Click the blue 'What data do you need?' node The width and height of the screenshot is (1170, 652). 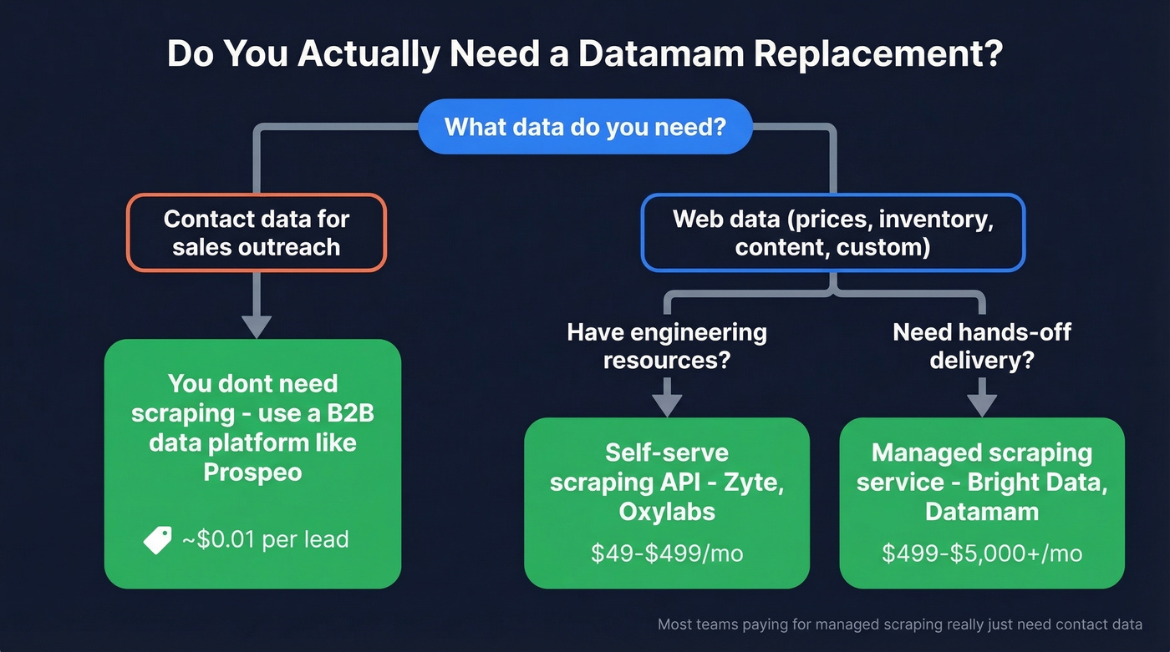(x=585, y=127)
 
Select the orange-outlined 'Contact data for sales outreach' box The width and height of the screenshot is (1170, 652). (x=256, y=233)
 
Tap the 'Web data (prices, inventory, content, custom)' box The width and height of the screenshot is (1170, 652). (x=832, y=233)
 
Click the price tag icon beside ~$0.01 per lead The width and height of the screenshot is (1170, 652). (x=157, y=540)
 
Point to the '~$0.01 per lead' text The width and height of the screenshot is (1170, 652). (x=265, y=540)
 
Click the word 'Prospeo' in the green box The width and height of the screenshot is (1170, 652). (x=252, y=472)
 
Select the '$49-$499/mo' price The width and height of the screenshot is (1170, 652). (x=667, y=553)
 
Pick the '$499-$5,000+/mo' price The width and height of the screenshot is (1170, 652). (x=982, y=553)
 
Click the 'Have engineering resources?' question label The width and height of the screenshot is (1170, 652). (x=667, y=346)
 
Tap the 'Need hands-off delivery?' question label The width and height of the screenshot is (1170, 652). (x=982, y=346)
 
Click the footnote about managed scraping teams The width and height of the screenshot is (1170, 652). (x=899, y=624)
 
